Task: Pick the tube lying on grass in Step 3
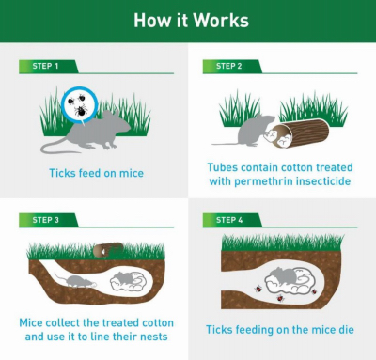pyautogui.click(x=108, y=250)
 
